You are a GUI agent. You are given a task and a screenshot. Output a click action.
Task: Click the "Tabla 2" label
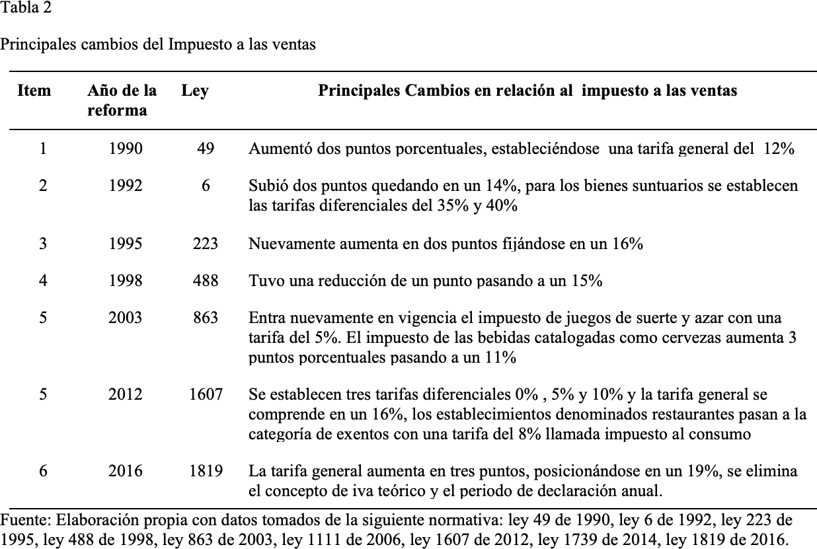(x=24, y=9)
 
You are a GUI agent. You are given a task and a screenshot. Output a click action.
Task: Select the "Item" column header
(x=34, y=91)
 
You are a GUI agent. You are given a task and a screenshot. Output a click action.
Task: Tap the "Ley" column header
(x=194, y=91)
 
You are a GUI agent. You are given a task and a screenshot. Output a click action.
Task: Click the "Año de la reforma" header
(x=122, y=100)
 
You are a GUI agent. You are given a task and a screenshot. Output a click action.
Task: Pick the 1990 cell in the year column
(x=125, y=149)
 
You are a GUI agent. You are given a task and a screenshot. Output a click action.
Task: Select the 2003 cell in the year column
(x=125, y=318)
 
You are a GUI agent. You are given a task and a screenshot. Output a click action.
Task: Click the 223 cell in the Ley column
(x=206, y=244)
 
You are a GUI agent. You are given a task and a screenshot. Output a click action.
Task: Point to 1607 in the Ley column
(x=206, y=394)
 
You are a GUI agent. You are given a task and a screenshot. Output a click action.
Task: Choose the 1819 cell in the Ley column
(x=206, y=471)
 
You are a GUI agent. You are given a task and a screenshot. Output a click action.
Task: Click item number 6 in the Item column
(x=43, y=471)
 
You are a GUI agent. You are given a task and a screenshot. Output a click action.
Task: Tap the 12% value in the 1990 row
(x=778, y=149)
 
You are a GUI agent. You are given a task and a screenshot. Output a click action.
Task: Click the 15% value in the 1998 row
(x=587, y=281)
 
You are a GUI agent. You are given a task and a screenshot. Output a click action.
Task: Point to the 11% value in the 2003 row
(x=502, y=357)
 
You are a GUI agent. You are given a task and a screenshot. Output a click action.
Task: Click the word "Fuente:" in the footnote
(x=22, y=519)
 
